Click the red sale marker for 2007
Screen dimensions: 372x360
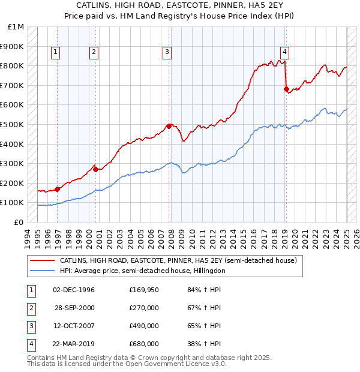tap(169, 126)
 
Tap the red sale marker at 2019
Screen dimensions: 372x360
tap(286, 89)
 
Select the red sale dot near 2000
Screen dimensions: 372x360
tap(95, 169)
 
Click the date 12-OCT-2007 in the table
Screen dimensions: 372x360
tap(74, 326)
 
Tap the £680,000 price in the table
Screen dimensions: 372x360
tap(143, 344)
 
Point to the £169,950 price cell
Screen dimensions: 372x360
tap(143, 290)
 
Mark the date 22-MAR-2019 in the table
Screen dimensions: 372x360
tap(74, 344)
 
